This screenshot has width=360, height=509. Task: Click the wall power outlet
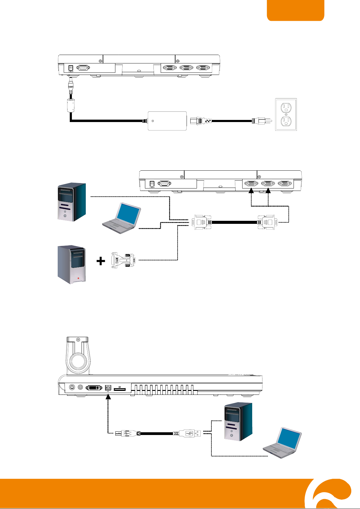pyautogui.click(x=286, y=114)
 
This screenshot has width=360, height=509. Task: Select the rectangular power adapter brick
pyautogui.click(x=167, y=121)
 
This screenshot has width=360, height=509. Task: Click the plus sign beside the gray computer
pyautogui.click(x=101, y=261)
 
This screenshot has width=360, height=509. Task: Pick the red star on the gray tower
pyautogui.click(x=78, y=278)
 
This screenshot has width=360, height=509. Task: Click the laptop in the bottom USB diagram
pyautogui.click(x=283, y=443)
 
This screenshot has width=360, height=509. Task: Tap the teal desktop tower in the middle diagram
pyautogui.click(x=72, y=202)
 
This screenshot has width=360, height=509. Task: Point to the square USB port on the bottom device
pyautogui.click(x=108, y=388)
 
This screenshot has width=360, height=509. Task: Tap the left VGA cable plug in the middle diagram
pyautogui.click(x=202, y=222)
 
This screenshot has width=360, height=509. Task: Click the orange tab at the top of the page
pyautogui.click(x=295, y=10)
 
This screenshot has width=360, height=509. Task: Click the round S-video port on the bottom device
pyautogui.click(x=72, y=388)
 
